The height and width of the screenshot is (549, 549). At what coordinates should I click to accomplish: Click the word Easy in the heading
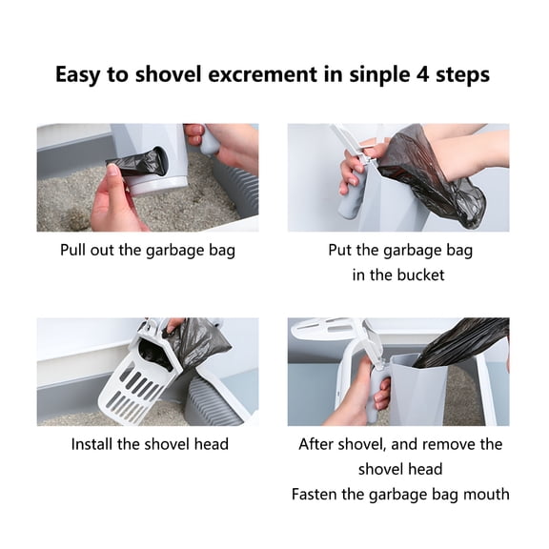pos(79,74)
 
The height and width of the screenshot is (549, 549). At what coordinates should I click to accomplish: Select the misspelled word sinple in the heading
pos(375,74)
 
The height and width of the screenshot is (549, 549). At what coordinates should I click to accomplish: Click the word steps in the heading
pos(463,74)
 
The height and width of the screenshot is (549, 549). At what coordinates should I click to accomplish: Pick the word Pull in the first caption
pos(76,252)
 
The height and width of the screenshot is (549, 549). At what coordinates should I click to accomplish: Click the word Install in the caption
pos(95,444)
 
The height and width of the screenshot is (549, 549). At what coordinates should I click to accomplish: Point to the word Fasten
pos(317,494)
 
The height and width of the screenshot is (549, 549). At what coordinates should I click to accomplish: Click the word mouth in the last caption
pos(485,494)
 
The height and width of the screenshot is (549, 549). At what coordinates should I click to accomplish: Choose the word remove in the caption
pos(452,444)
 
